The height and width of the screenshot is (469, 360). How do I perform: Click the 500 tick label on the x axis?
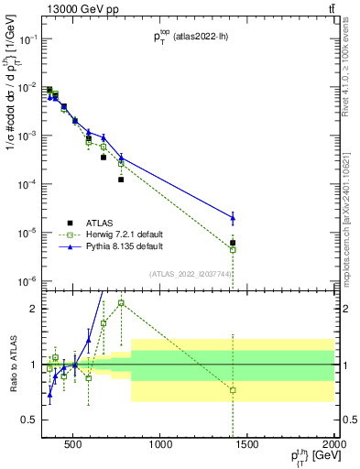72,445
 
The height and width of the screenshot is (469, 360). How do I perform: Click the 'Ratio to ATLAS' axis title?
13,365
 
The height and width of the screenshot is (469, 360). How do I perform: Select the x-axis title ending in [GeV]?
312,457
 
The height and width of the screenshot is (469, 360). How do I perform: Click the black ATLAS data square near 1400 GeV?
233,243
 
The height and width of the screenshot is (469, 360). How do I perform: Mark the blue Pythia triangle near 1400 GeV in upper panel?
233,217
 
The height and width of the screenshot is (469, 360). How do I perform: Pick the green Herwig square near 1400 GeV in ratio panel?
233,390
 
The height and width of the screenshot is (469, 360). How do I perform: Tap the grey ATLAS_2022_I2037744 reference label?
191,273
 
